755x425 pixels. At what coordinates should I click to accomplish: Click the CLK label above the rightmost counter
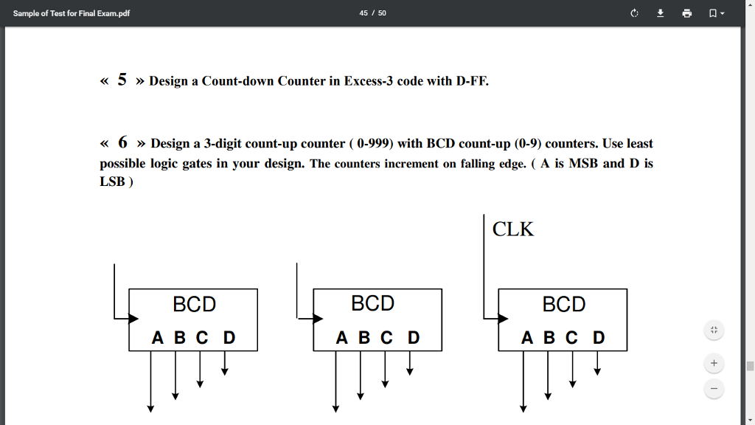(513, 229)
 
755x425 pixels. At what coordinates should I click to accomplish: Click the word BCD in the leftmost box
(194, 304)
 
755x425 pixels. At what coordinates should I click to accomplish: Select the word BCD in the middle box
(372, 303)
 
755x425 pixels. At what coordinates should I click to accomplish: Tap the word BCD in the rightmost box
(563, 304)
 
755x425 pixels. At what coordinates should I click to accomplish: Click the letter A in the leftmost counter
(158, 338)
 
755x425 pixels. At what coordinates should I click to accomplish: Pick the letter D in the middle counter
(414, 338)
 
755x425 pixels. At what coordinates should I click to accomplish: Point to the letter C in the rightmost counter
(571, 338)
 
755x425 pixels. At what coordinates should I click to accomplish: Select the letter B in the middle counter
(363, 338)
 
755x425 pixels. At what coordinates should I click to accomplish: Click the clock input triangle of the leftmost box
(133, 319)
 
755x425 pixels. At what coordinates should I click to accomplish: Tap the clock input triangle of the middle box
(318, 319)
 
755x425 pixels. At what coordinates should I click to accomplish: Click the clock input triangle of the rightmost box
(503, 319)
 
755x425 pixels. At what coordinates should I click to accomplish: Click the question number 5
(122, 80)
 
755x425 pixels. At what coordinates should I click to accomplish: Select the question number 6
(122, 142)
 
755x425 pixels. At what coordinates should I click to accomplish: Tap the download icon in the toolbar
(661, 13)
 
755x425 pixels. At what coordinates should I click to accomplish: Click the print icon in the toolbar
(687, 13)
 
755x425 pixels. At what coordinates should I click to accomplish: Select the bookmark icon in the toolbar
(713, 13)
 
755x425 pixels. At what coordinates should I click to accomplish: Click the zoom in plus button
(714, 364)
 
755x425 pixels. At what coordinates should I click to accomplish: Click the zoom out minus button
(714, 388)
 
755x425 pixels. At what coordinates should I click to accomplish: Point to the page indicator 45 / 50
(372, 13)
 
